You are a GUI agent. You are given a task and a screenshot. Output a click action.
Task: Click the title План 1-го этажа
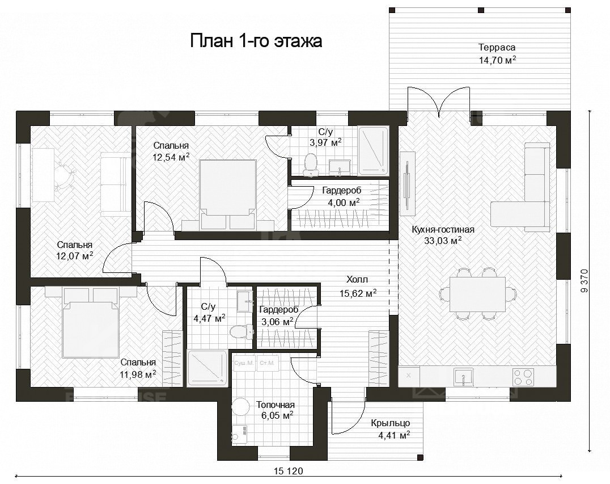pos(256,41)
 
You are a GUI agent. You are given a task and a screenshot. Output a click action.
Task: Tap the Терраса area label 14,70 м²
pos(497,60)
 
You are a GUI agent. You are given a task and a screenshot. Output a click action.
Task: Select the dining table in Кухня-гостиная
pos(477,294)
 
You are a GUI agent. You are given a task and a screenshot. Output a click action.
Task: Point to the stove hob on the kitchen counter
pos(523,376)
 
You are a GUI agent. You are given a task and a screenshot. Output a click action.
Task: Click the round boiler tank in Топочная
pos(240,409)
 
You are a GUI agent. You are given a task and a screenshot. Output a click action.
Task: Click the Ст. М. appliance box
pos(267,363)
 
